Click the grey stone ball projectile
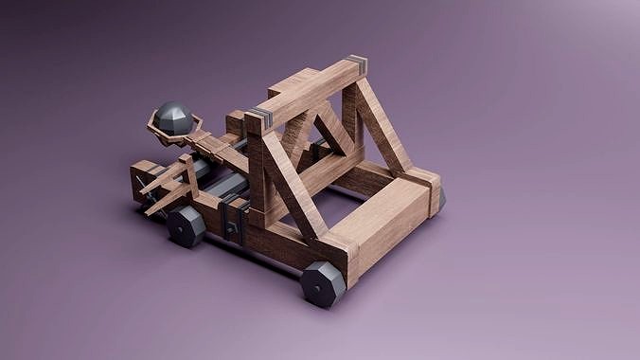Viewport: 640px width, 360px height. pyautogui.click(x=175, y=117)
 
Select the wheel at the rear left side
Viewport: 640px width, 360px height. pyautogui.click(x=186, y=226)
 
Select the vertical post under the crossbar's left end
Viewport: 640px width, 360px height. pyautogui.click(x=257, y=171)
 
